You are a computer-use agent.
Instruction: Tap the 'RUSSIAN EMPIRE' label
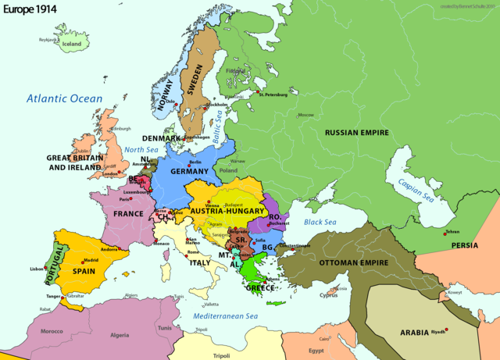(x=356, y=134)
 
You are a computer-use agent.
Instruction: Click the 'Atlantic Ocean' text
(x=64, y=98)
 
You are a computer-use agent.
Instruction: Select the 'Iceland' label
(x=72, y=45)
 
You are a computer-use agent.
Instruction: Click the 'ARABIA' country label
(x=415, y=332)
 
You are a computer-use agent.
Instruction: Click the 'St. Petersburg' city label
(x=273, y=96)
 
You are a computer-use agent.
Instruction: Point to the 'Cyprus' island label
(x=328, y=296)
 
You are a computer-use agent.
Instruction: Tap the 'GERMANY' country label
(x=184, y=171)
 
